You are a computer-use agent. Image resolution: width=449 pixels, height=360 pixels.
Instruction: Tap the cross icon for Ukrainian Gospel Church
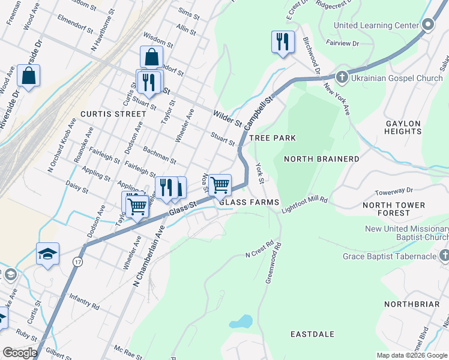pos(342,77)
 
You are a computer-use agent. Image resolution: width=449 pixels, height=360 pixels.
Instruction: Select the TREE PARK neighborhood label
pos(273,138)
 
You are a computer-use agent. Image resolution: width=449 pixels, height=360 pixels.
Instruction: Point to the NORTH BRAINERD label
pos(321,159)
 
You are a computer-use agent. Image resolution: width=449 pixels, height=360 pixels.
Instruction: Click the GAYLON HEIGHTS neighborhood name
pos(403,127)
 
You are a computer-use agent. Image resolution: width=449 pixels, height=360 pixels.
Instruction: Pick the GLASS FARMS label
pos(249,203)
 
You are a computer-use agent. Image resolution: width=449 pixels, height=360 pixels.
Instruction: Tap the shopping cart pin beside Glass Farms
pos(220,185)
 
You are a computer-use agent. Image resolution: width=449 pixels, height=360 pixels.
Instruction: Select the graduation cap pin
pos(47,254)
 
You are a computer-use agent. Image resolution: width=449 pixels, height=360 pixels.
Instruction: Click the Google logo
pos(19,353)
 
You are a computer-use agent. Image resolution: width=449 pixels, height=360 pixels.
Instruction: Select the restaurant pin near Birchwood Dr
pos(282,42)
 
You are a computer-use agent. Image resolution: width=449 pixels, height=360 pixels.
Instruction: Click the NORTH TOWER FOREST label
pos(394,209)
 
